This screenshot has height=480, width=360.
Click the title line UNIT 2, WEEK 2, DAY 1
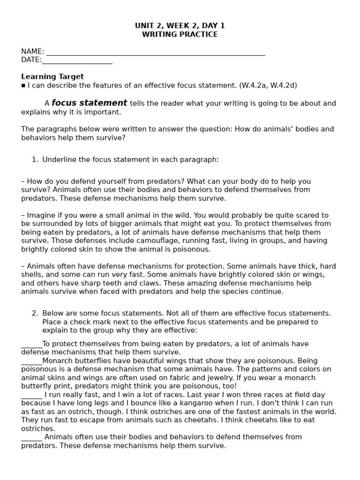click(x=180, y=26)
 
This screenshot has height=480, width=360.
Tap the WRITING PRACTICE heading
click(x=180, y=35)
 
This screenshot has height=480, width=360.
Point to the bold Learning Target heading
click(x=52, y=76)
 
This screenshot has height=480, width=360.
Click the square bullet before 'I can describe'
click(x=23, y=85)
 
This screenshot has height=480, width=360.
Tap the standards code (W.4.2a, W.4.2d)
click(x=268, y=85)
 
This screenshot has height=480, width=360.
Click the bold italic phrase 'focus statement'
click(x=89, y=103)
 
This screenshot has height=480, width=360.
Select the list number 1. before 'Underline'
click(x=35, y=159)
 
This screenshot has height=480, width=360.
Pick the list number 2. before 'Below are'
click(x=35, y=313)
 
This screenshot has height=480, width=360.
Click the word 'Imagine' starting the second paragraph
click(x=41, y=215)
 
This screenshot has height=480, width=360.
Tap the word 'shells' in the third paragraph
click(x=33, y=275)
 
